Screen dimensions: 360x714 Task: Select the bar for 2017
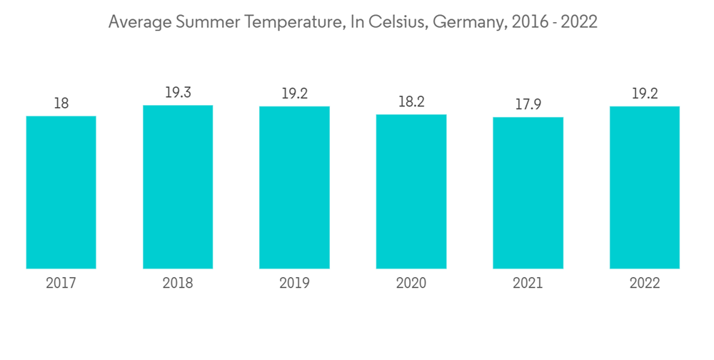coord(61,192)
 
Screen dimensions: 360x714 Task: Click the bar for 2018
coord(178,187)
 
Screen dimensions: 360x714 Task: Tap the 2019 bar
coord(294,188)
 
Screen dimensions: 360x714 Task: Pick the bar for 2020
coord(411,191)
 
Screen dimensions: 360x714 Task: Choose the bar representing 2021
coord(528,193)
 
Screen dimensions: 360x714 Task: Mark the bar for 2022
coord(645,188)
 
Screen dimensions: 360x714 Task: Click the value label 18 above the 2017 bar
coord(61,104)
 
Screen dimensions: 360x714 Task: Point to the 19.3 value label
coord(178,93)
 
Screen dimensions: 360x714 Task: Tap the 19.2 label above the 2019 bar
coord(294,94)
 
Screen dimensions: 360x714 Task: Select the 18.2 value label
coord(411,102)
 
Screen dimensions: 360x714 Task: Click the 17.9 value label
coord(528,105)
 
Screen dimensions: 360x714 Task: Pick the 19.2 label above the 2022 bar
coord(645,94)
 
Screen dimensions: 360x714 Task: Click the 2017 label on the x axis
coord(61,284)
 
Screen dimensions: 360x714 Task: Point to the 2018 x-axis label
coord(178,284)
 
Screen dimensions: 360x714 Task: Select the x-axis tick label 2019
coord(294,284)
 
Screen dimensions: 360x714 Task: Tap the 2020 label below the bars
coord(411,284)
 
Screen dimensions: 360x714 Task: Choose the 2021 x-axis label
coord(528,284)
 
